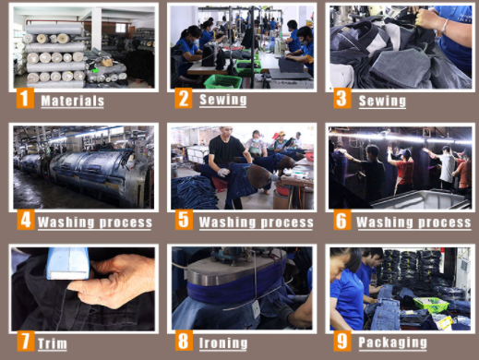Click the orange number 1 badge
coord(25,98)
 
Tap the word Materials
coord(73,101)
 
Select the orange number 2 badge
coord(184,98)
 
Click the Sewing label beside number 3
coord(382,101)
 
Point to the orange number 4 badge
coord(26,220)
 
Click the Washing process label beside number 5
coord(257,222)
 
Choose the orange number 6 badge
coord(342,220)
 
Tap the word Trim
coord(53,343)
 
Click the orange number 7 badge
coord(26,341)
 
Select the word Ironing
coord(223,343)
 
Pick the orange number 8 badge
coord(184,341)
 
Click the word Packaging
coord(393,342)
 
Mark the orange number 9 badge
coord(342,341)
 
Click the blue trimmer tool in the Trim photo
coord(68,263)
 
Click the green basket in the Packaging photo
coord(431,305)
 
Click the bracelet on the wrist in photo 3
coord(443,26)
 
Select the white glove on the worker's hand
coord(223,173)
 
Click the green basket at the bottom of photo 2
coord(222,81)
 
